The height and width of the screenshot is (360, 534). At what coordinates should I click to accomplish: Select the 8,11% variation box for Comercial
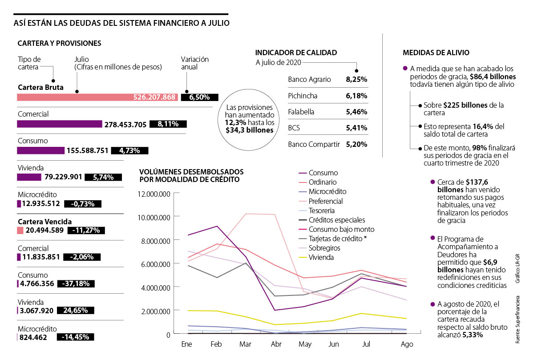point(168,125)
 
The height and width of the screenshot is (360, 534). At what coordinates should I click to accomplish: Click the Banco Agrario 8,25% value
point(356,80)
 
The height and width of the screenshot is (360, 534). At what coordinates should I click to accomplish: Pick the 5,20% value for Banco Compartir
point(356,144)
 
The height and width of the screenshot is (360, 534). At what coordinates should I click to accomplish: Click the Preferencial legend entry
point(326,201)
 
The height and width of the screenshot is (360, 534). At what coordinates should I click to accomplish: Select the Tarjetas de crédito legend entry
point(334,239)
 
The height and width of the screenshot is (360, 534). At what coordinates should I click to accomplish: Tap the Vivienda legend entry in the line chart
point(321,257)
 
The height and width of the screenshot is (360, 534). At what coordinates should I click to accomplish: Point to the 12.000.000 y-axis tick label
point(154,194)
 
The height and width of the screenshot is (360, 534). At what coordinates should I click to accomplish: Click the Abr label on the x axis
point(276,344)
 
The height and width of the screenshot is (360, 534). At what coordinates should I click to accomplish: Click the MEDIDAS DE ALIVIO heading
point(436,53)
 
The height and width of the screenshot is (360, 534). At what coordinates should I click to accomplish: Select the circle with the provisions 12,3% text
point(250,120)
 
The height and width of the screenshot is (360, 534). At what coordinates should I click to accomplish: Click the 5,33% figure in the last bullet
point(472,335)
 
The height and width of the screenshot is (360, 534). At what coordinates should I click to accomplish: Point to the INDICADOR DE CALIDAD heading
point(296,53)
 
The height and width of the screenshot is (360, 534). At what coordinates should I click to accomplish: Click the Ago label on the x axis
point(407,344)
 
